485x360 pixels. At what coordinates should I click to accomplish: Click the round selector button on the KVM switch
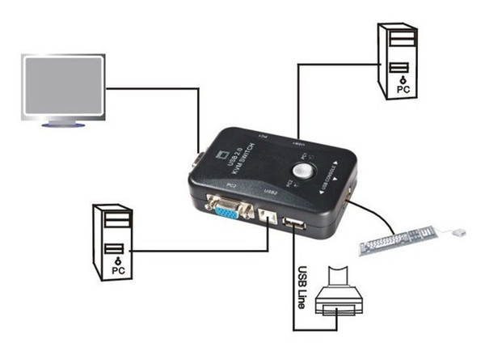coord(306,171)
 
